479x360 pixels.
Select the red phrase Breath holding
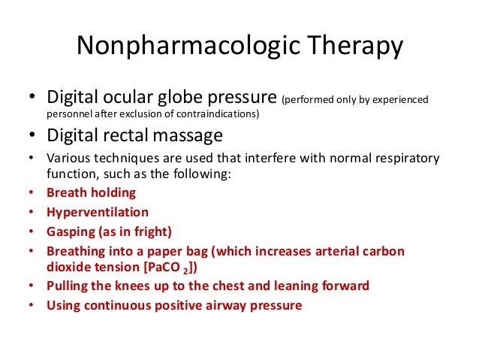coord(91,192)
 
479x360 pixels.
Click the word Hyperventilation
coord(98,212)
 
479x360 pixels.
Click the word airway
coord(224,305)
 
